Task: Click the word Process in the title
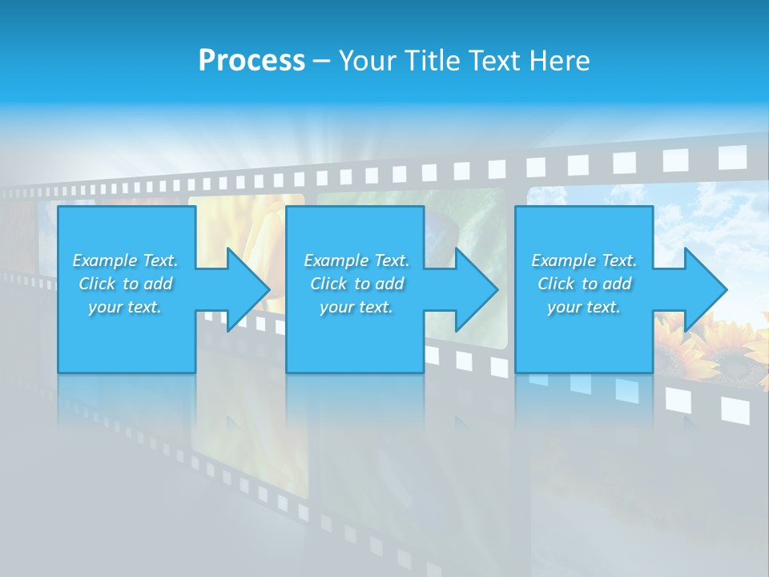(252, 61)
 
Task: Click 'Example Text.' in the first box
(125, 260)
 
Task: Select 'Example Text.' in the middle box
(356, 260)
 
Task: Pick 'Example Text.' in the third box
(584, 260)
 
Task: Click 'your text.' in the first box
(125, 307)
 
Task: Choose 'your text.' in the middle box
(356, 307)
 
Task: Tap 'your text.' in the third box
(584, 307)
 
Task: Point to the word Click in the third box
(556, 284)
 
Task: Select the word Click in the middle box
(328, 284)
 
